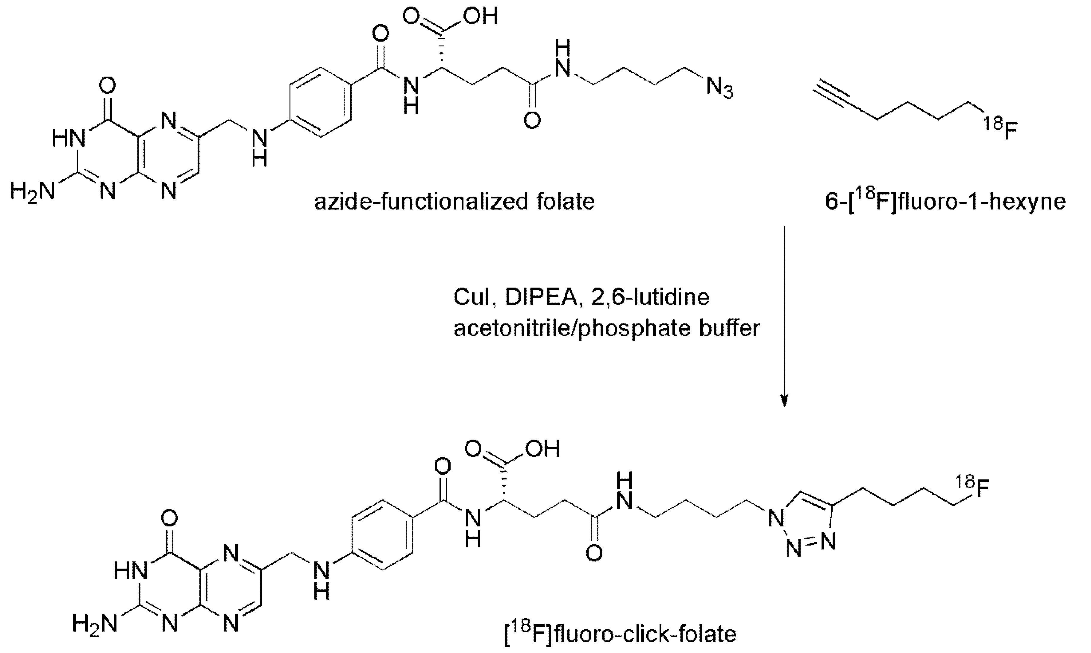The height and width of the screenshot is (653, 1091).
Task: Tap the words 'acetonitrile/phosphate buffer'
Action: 607,328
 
